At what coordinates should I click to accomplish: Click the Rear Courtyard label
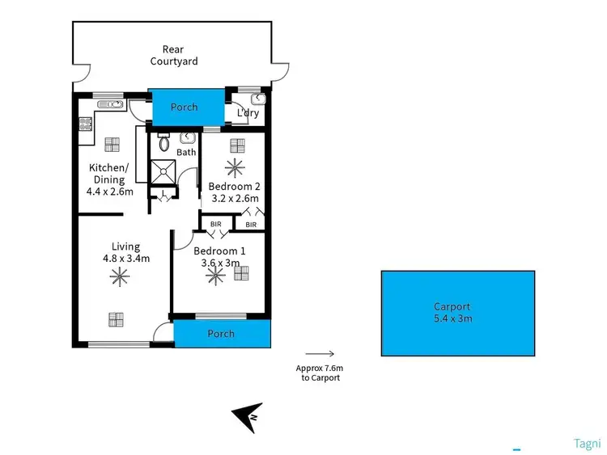[x=173, y=55]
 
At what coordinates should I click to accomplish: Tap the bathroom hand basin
[x=186, y=137]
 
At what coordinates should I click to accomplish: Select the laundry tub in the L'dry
[x=257, y=100]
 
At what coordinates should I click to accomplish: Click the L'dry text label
[x=248, y=114]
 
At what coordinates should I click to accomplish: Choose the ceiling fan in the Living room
[x=119, y=277]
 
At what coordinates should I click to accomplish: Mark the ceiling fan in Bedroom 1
[x=215, y=275]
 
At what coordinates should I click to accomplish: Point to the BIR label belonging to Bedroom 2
[x=251, y=224]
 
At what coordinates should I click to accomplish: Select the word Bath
[x=186, y=152]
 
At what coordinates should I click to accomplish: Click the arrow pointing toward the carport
[x=320, y=353]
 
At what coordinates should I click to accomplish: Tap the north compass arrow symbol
[x=247, y=417]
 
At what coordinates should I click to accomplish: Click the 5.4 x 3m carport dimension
[x=452, y=318]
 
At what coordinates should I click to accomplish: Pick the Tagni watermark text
[x=586, y=443]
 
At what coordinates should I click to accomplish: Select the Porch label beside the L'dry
[x=184, y=107]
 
